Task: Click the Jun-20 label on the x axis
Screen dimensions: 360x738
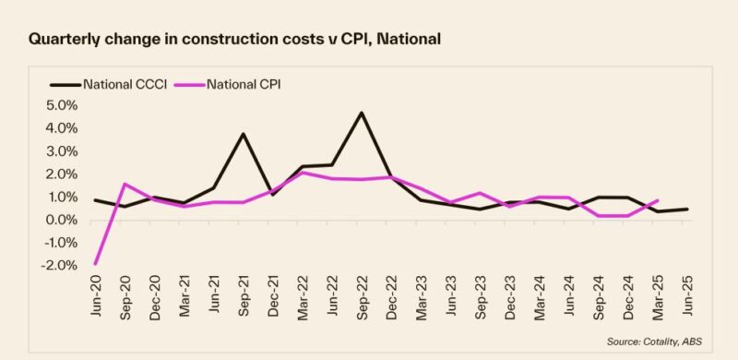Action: (x=96, y=300)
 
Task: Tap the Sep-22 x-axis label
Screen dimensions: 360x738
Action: (x=361, y=300)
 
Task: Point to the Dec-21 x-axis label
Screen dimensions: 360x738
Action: (x=272, y=300)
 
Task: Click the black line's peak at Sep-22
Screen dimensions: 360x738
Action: (x=361, y=113)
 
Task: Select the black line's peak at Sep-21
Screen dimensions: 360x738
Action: (x=244, y=134)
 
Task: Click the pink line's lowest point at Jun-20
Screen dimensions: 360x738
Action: (x=95, y=264)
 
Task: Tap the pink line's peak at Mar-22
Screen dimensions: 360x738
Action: (x=302, y=173)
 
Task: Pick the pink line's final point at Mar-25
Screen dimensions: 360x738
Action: (x=657, y=200)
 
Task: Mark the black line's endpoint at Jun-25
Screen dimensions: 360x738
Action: (x=686, y=209)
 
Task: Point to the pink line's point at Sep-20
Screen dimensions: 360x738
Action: (x=125, y=184)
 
